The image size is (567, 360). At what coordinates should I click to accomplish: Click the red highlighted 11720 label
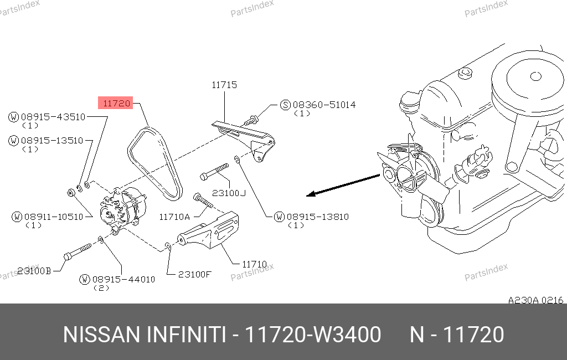coord(116,103)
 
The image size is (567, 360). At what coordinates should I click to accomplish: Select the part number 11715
coord(224,85)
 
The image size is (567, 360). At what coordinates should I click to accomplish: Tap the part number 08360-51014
coord(324,105)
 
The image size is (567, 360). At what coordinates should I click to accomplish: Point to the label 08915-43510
coord(53,117)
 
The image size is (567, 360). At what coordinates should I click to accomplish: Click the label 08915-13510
coord(52,140)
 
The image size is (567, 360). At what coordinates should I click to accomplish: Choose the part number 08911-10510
coord(54,217)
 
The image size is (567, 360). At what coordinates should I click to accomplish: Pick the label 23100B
coord(34,271)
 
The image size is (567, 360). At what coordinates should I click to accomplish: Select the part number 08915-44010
coord(123,279)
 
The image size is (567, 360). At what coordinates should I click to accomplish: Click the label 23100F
coord(194,274)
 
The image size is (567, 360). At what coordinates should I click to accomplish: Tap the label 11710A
coord(174,217)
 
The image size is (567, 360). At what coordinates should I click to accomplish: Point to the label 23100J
coord(229,193)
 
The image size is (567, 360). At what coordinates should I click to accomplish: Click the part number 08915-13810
coord(317,217)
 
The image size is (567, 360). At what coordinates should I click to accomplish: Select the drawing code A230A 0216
coord(535,300)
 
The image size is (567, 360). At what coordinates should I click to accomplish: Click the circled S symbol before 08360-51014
coord(286,105)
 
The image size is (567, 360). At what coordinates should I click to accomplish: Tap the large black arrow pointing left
coord(343,185)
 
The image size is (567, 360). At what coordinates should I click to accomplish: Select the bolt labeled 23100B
coord(77,251)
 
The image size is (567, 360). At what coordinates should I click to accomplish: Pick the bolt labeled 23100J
coord(214,172)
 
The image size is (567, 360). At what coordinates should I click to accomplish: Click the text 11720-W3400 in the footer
coord(313,335)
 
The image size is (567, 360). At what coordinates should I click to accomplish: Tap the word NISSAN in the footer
coord(101,335)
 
